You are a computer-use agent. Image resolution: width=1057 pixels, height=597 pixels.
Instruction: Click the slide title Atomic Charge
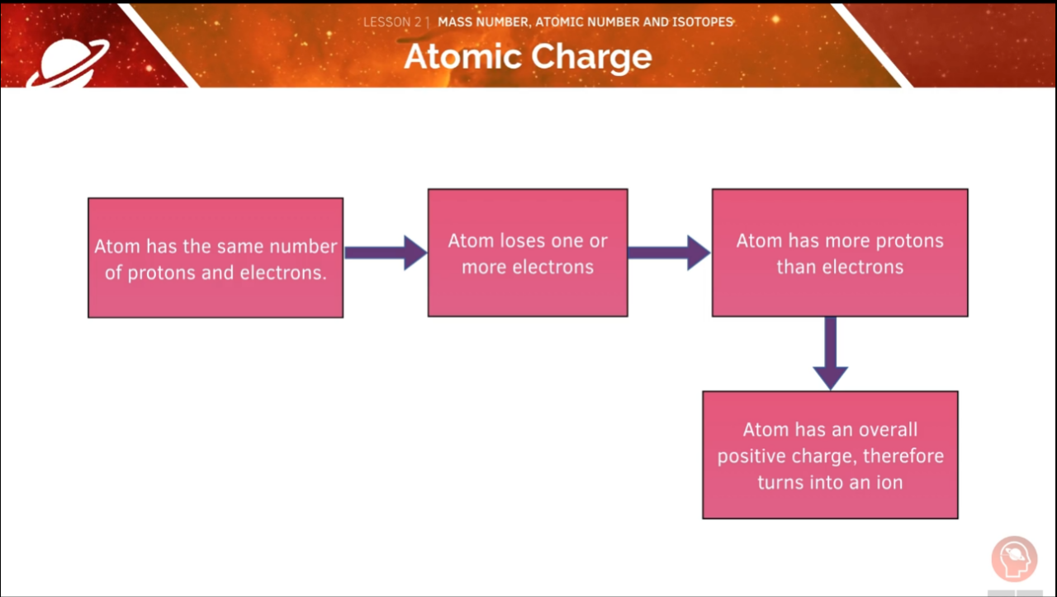(x=528, y=57)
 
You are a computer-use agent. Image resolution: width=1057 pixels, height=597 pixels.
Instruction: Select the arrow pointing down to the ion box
(x=830, y=353)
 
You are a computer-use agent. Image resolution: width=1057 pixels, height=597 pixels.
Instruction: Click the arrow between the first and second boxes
(x=385, y=253)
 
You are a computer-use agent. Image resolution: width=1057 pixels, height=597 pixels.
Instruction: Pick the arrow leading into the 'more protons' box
(x=669, y=253)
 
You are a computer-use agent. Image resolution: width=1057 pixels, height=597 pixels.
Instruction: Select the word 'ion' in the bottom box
(x=889, y=482)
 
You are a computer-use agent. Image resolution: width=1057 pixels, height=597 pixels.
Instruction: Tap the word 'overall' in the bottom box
(x=888, y=430)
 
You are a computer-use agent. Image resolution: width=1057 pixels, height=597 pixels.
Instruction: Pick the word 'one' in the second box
(x=568, y=241)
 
